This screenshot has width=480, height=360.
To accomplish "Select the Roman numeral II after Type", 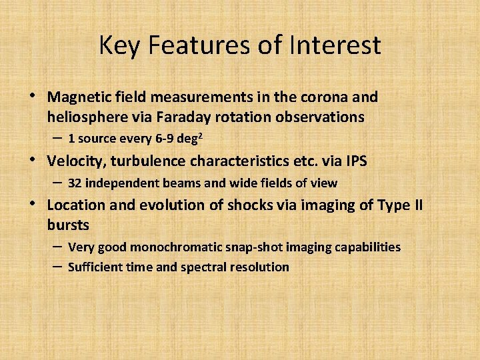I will point(415,205).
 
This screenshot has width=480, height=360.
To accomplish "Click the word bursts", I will point(67,225).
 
